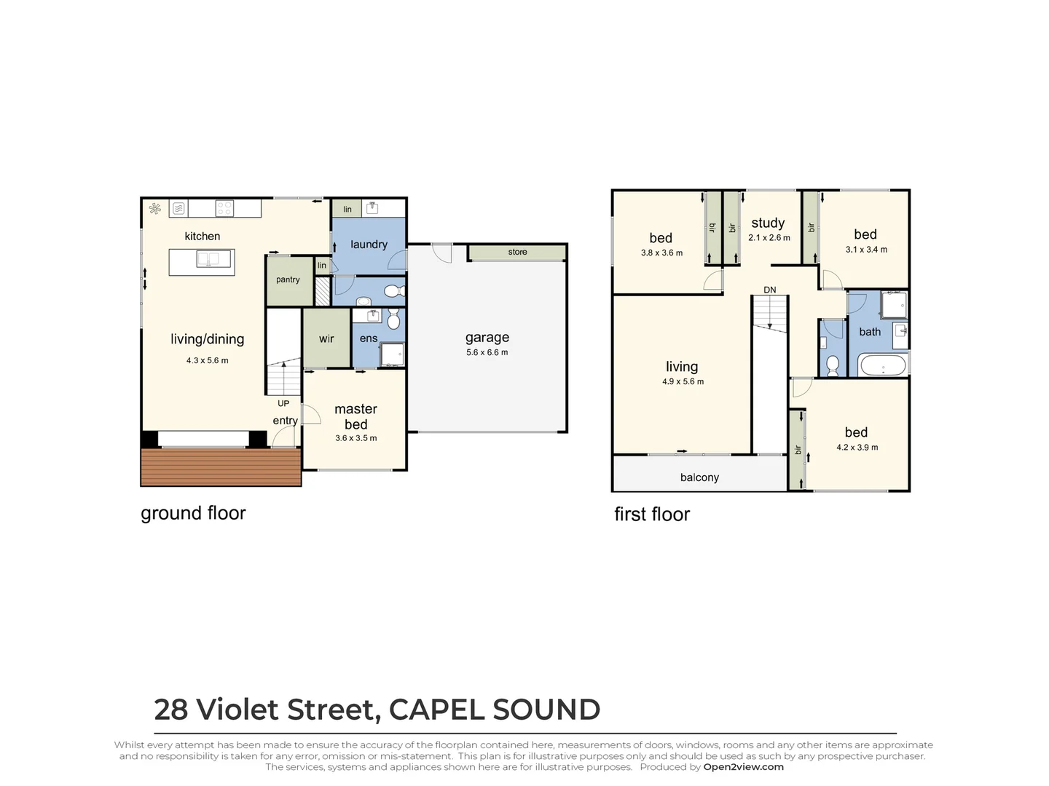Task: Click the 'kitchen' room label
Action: point(202,237)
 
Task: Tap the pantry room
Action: point(288,279)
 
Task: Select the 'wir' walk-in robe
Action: point(326,338)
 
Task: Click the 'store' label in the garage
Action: point(517,252)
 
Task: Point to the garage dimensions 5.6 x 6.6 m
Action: point(487,352)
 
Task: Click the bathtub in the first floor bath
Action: point(883,365)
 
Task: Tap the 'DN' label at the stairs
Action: point(770,290)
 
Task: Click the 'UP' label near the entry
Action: point(283,403)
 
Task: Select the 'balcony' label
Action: point(699,477)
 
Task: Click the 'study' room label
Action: point(768,223)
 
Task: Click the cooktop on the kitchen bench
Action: point(224,209)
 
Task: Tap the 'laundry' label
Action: point(369,245)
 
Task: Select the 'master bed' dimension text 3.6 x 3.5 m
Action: point(356,438)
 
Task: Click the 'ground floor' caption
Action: point(193,513)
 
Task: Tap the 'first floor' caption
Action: point(652,515)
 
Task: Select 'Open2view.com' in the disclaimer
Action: point(743,766)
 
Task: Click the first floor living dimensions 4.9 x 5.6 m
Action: point(683,381)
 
